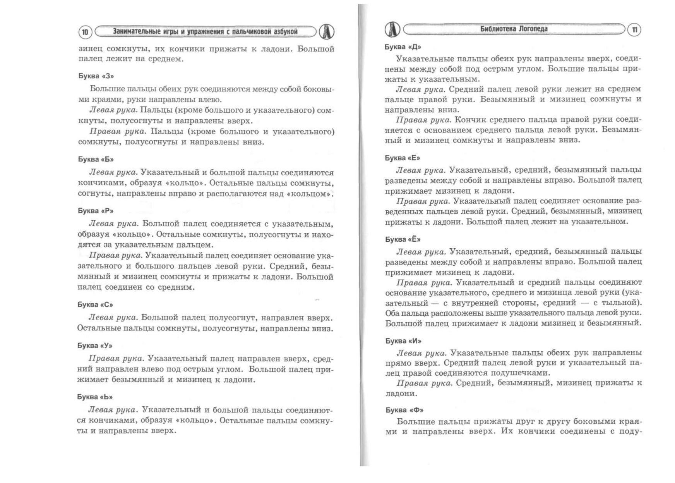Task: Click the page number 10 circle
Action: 85,32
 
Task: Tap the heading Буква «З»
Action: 96,76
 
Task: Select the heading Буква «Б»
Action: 96,159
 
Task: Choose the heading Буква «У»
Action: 95,345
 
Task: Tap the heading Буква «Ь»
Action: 95,397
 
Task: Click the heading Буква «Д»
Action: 403,47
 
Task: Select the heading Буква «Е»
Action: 402,158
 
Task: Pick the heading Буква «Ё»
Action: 403,239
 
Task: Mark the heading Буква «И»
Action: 403,341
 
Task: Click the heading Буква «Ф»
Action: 404,410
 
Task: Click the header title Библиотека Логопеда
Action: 514,29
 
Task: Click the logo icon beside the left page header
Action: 327,32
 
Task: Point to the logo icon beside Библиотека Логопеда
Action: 392,29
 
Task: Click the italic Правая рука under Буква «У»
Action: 116,359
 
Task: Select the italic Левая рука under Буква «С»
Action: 113,318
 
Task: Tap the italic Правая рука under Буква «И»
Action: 424,383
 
